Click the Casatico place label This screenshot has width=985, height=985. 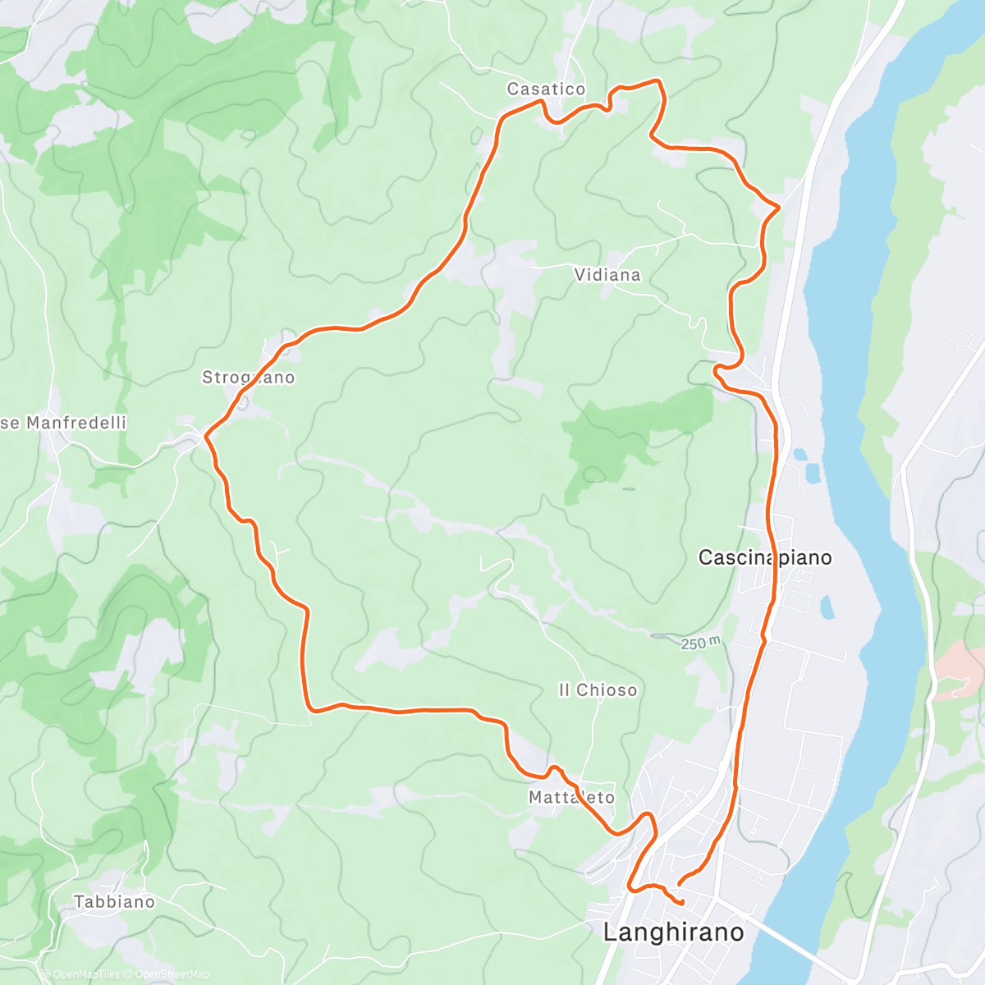pyautogui.click(x=546, y=89)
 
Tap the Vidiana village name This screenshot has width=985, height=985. pyautogui.click(x=607, y=274)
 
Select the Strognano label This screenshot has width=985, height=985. pyautogui.click(x=248, y=378)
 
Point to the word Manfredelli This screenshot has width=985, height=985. pyautogui.click(x=76, y=423)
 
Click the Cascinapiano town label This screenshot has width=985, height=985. pyautogui.click(x=764, y=557)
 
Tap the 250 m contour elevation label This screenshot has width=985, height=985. pyautogui.click(x=700, y=644)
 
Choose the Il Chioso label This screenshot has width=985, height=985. pyautogui.click(x=598, y=690)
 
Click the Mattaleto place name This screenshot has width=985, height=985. pyautogui.click(x=571, y=797)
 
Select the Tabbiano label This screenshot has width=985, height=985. pyautogui.click(x=114, y=901)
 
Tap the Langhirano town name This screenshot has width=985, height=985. pyautogui.click(x=673, y=932)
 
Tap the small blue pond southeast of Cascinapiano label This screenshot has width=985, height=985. pyautogui.click(x=826, y=607)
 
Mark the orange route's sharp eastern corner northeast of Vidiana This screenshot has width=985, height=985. pyautogui.click(x=778, y=207)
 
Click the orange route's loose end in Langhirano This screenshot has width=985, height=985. pyautogui.click(x=683, y=903)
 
